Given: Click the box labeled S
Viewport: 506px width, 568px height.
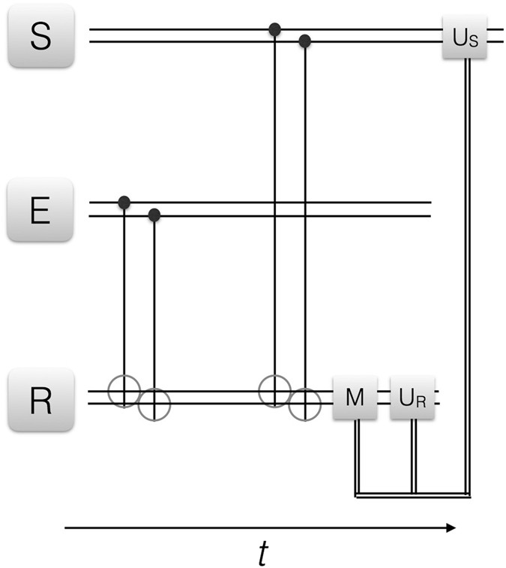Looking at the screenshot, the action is (x=40, y=37).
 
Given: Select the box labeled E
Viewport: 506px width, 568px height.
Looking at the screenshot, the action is (x=40, y=210).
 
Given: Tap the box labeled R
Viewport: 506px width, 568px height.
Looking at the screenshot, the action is (x=40, y=399).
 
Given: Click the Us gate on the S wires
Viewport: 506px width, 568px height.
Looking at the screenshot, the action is (x=465, y=37).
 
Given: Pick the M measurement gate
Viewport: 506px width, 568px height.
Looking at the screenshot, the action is (x=355, y=398).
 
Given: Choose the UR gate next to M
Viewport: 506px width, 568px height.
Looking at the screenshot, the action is (x=412, y=398).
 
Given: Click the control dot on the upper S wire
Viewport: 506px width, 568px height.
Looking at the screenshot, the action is (x=274, y=29).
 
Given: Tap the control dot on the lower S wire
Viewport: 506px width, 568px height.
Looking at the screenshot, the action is (x=304, y=41).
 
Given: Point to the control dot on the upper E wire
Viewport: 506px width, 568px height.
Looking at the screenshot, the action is (x=124, y=203).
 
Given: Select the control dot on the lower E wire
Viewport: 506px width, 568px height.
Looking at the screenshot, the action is (x=154, y=216).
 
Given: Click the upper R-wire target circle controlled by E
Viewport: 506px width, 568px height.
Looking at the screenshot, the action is (x=124, y=391).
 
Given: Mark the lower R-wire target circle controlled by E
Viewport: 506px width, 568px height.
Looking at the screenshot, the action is (x=154, y=404).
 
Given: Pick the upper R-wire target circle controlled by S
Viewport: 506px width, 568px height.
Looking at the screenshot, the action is (x=274, y=391).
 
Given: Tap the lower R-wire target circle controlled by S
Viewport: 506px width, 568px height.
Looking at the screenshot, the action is (x=304, y=404).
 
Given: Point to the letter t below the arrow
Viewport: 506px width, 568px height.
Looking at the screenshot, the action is (x=262, y=553).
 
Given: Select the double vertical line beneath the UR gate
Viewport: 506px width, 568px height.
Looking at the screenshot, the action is (x=413, y=454).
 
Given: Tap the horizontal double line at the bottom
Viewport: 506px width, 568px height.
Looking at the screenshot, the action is (x=412, y=494).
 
